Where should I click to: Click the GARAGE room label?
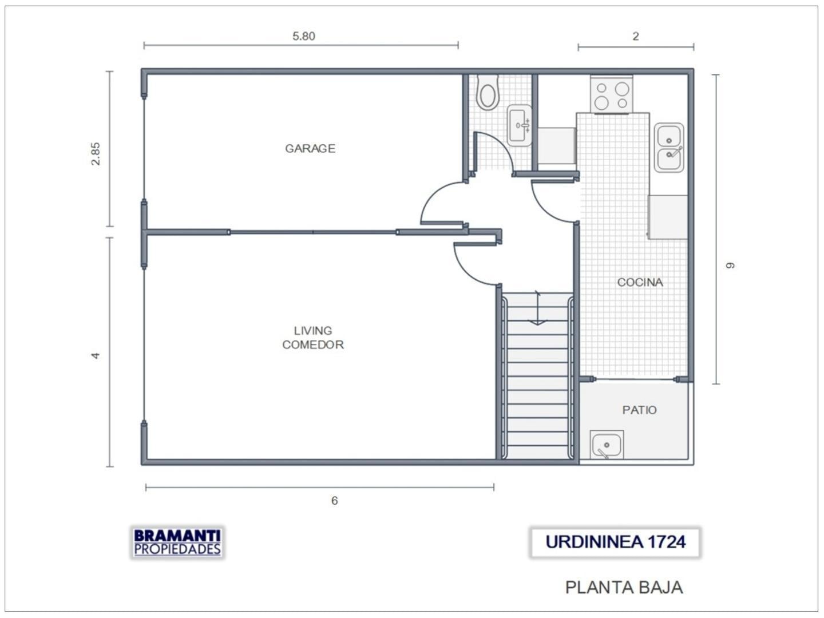click(310, 149)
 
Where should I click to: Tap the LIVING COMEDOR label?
click(312, 338)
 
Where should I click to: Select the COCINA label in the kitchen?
click(640, 282)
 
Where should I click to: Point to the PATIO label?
click(639, 410)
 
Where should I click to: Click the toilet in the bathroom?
click(488, 93)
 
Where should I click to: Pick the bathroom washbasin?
click(519, 125)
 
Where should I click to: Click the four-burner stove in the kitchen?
click(612, 94)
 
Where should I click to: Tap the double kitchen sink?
click(669, 148)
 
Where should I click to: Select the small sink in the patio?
click(607, 445)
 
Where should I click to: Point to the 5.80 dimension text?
click(304, 37)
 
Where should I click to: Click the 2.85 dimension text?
click(96, 153)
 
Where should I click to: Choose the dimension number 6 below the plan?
click(335, 501)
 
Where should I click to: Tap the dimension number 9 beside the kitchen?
click(730, 266)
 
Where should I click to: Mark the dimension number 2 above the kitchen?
click(636, 37)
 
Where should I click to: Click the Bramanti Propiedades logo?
click(177, 542)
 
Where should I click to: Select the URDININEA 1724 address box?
click(615, 542)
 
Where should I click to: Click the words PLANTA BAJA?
click(624, 587)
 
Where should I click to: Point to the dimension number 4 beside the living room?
click(96, 355)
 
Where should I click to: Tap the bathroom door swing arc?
click(503, 146)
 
